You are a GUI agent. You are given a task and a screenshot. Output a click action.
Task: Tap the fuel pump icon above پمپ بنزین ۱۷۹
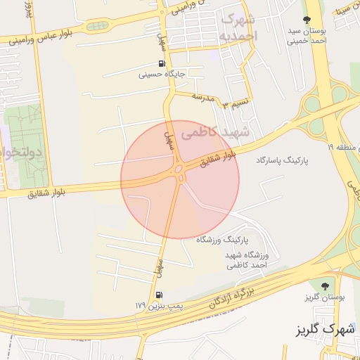(x=160, y=295)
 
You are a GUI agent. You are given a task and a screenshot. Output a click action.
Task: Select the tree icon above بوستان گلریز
(x=324, y=286)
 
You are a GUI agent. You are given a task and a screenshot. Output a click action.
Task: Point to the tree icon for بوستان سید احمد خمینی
(x=306, y=20)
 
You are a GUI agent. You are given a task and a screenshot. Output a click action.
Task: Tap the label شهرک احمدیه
(x=239, y=27)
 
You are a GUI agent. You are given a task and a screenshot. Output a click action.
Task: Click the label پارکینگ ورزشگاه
(x=224, y=240)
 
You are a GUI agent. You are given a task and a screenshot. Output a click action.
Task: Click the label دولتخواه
(x=20, y=152)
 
